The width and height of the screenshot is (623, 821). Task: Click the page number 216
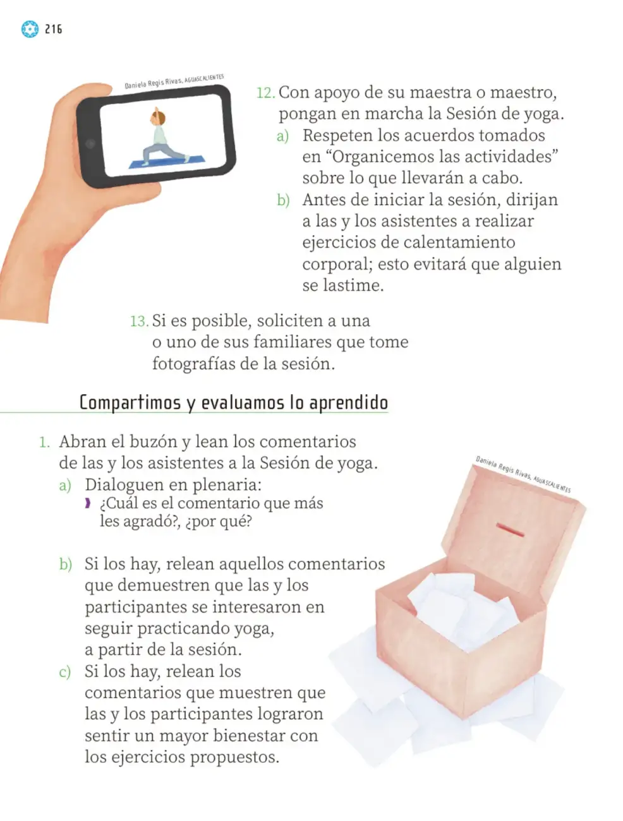point(54,29)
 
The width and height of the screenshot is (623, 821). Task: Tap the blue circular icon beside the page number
point(30,29)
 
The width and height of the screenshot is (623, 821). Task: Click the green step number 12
point(265,93)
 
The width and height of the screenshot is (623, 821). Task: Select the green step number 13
point(139,321)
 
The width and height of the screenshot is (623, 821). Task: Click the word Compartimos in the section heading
point(130,403)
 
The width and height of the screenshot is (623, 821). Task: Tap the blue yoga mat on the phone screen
point(167,161)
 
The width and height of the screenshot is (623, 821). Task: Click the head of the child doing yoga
point(157,117)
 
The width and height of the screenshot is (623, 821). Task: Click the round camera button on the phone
point(90,143)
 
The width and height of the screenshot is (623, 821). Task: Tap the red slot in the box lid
point(510,530)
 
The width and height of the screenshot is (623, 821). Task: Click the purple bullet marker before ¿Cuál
point(88,503)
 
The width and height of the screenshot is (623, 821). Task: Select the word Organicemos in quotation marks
point(382,157)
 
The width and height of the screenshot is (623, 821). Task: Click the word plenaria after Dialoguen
point(226,485)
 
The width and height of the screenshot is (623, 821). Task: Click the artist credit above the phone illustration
point(174,81)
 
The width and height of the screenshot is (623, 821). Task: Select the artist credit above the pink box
point(523,474)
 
